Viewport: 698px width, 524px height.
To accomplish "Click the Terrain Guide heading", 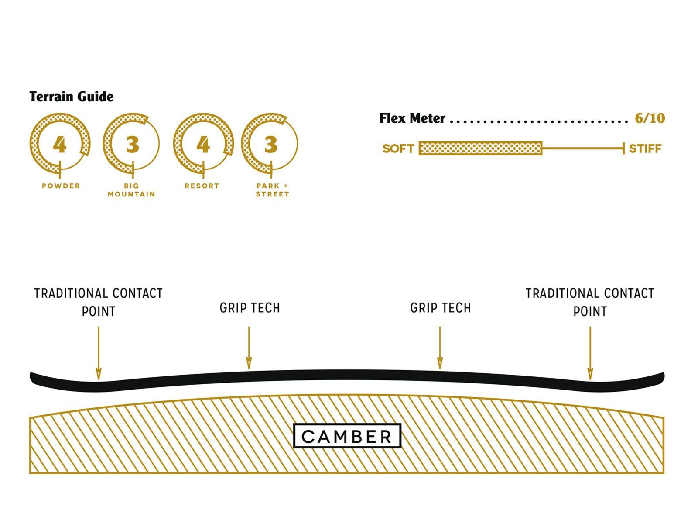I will coord(72,97).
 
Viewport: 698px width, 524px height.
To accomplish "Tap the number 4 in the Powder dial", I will coord(60,145).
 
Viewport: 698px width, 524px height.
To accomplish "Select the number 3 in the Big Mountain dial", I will coord(132,145).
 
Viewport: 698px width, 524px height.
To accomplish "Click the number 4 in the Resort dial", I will coord(203,145).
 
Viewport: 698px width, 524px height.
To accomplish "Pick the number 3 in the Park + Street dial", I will coord(270,145).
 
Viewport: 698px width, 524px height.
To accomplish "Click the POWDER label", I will coord(61,186).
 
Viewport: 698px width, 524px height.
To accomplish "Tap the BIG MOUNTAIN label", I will coord(131,190).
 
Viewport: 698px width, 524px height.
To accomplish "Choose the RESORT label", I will coord(202,186).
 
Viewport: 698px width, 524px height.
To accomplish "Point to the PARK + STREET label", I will coord(272,190).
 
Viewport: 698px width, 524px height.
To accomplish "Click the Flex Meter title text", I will coord(412,118).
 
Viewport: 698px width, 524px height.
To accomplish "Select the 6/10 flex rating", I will coord(650,118).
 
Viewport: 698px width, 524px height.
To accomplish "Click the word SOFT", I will coord(398,149).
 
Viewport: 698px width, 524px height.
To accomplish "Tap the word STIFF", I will coord(645,149).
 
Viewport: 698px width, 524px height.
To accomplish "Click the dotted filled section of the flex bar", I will coord(480,148).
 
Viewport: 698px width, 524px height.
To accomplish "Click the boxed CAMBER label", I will coord(347,436).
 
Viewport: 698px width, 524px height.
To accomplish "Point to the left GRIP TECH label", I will coord(250,308).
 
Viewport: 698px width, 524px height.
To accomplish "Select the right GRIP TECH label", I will coord(441,308).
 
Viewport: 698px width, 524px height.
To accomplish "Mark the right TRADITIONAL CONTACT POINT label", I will coord(590,302).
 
